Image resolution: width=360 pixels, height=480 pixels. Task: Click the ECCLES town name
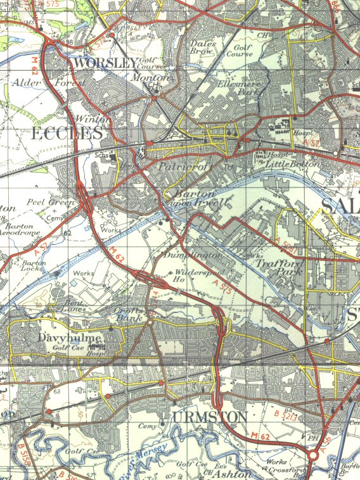(x=67, y=133)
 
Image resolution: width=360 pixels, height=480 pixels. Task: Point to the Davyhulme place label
(x=70, y=338)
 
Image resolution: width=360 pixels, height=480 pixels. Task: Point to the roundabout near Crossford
(x=313, y=456)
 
